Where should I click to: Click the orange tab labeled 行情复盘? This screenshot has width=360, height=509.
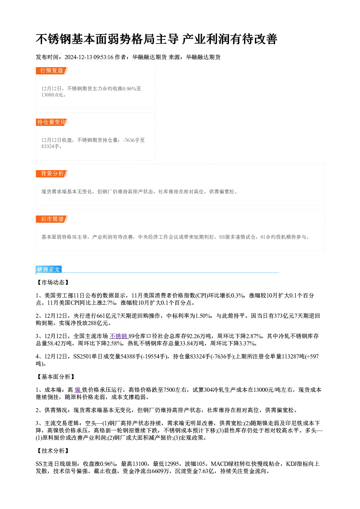click(x=52, y=71)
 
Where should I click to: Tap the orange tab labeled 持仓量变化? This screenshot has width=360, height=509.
click(x=52, y=122)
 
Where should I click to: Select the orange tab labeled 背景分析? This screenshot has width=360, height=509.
click(x=52, y=174)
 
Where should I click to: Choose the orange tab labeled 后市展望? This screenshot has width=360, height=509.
click(x=52, y=219)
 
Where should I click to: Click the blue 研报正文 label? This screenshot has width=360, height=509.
click(x=48, y=270)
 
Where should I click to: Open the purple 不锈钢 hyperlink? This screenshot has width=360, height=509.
click(x=119, y=336)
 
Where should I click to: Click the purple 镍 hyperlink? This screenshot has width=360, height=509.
click(x=78, y=390)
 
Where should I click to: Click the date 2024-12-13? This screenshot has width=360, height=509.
click(x=78, y=57)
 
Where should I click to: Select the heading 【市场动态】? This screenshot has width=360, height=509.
click(x=53, y=283)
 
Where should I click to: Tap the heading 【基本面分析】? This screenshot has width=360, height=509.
click(x=56, y=377)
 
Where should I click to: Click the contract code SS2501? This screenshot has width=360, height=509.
click(x=82, y=357)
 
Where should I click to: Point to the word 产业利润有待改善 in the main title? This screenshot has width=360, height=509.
click(x=230, y=39)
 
